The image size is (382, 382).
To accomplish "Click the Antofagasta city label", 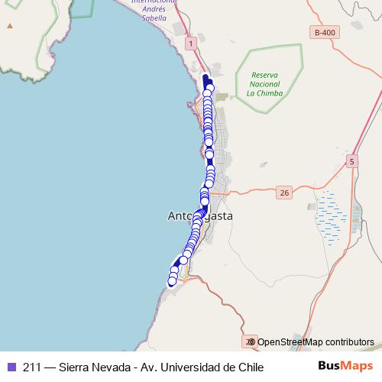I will [x=199, y=216].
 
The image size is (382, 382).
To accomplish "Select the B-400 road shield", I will [x=324, y=32].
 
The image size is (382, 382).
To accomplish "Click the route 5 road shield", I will [x=351, y=161].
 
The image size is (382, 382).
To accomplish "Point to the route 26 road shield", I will [x=284, y=193].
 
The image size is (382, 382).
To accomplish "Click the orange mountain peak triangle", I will [x=10, y=26].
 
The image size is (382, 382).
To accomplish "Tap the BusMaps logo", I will [x=345, y=367].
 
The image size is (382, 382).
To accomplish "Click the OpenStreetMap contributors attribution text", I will [x=316, y=342].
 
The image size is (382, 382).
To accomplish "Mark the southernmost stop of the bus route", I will [x=172, y=281].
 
